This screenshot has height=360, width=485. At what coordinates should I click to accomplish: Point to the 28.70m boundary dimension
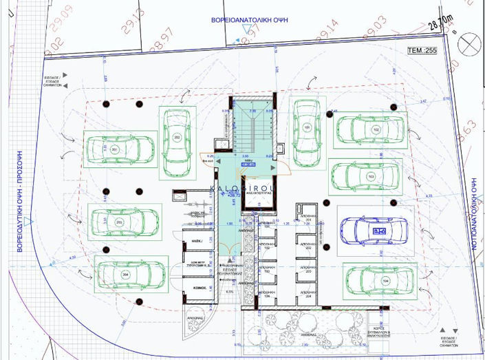click(440, 25)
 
